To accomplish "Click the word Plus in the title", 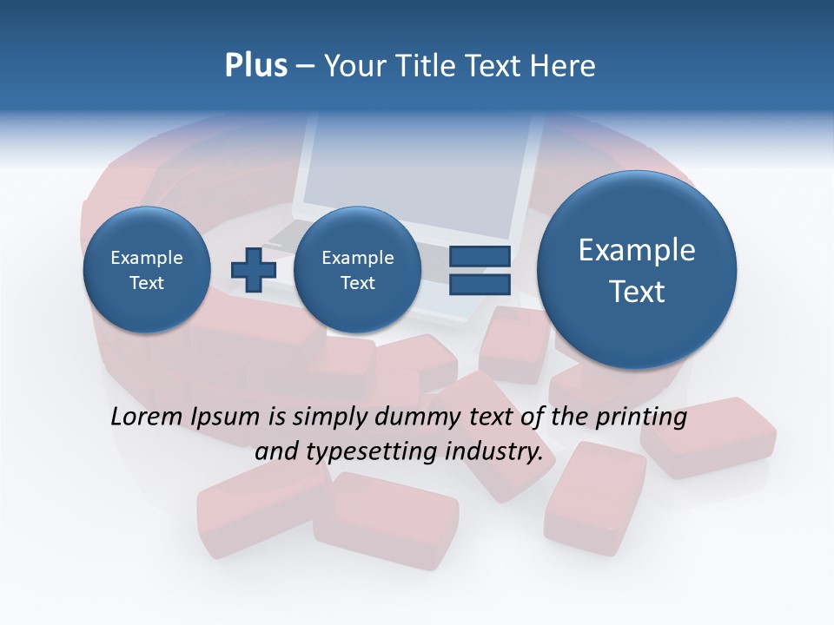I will [x=255, y=65].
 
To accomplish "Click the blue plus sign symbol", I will [x=253, y=269].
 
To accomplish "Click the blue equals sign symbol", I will [x=480, y=270].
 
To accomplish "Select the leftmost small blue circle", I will [x=146, y=269].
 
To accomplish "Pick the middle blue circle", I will [x=357, y=269].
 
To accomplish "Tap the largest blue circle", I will [x=637, y=269].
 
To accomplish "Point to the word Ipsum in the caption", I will [x=228, y=417].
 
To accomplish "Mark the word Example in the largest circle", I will [x=637, y=250].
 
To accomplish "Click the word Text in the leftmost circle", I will [x=146, y=282].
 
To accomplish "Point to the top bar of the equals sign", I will [x=480, y=256].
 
